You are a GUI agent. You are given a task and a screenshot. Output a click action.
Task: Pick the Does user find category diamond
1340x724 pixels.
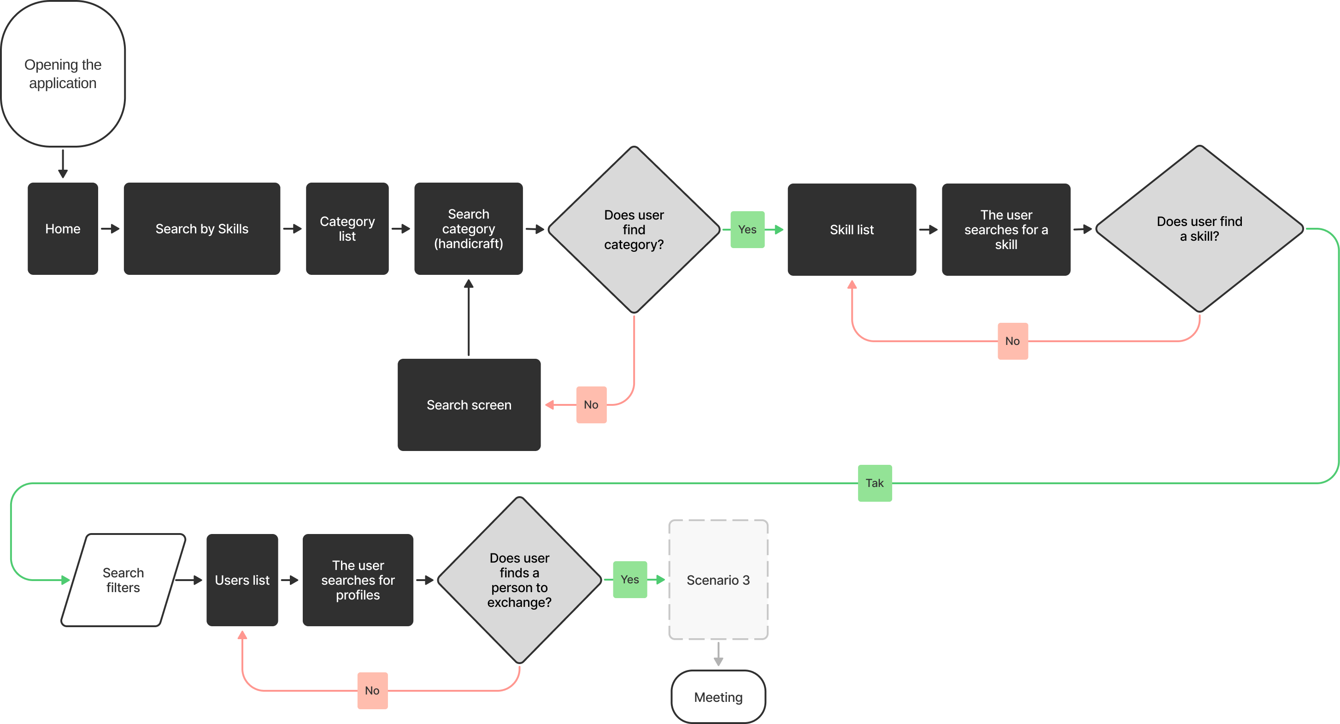point(634,230)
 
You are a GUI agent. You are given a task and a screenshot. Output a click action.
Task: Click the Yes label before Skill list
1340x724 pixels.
point(747,230)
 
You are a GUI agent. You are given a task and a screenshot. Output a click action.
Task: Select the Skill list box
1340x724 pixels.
point(852,230)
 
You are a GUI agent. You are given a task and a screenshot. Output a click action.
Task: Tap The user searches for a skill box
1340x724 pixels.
point(1005,230)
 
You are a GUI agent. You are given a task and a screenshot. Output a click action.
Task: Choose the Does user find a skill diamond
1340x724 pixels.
point(1199,229)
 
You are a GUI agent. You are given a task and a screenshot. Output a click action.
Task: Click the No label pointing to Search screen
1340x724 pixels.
point(591,404)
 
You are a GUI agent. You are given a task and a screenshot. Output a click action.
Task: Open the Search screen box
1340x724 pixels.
point(469,404)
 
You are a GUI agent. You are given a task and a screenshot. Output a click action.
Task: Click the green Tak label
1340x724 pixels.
point(875,483)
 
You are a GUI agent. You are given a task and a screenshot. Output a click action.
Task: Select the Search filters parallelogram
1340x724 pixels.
point(123,580)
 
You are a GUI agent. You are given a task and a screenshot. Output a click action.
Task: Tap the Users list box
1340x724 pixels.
point(242,580)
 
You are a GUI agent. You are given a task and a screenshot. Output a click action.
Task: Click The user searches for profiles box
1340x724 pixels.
point(358,580)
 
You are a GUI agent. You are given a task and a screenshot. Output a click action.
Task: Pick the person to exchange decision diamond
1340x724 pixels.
point(519,580)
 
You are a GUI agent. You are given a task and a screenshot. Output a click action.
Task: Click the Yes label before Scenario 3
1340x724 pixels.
point(629,579)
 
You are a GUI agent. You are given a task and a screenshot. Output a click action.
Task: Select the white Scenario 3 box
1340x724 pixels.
point(718,580)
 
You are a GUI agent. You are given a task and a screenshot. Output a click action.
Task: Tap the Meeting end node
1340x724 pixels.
point(718,697)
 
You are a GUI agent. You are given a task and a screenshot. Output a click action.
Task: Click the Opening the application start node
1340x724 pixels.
point(63,73)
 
